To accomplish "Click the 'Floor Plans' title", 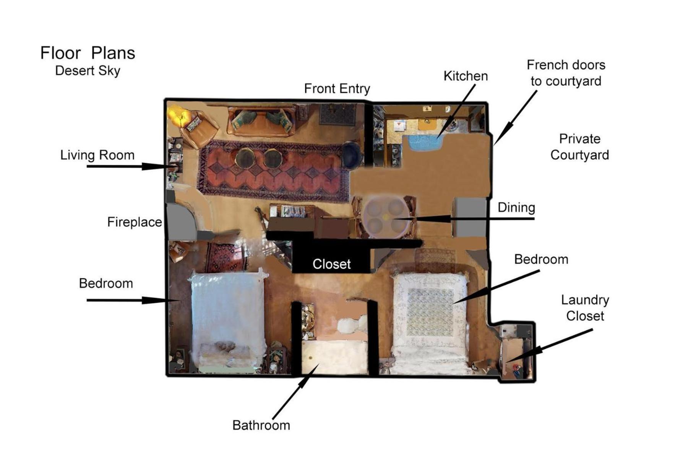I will pyautogui.click(x=88, y=53).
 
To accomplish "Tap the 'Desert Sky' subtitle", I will pyautogui.click(x=88, y=71).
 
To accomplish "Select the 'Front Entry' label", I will pyautogui.click(x=337, y=89).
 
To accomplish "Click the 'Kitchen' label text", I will pyautogui.click(x=465, y=76).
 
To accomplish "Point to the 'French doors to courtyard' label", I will pyautogui.click(x=566, y=73).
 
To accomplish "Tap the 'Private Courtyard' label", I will pyautogui.click(x=579, y=147).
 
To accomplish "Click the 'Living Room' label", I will pyautogui.click(x=97, y=155).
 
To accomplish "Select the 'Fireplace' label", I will pyautogui.click(x=134, y=222).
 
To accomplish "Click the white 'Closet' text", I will pyautogui.click(x=331, y=264).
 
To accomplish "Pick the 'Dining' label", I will pyautogui.click(x=516, y=208).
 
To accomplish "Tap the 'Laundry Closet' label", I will pyautogui.click(x=585, y=308).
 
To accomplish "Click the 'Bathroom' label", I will pyautogui.click(x=261, y=425).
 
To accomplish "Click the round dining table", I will pyautogui.click(x=385, y=216).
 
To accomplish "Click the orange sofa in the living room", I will pyautogui.click(x=261, y=121).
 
